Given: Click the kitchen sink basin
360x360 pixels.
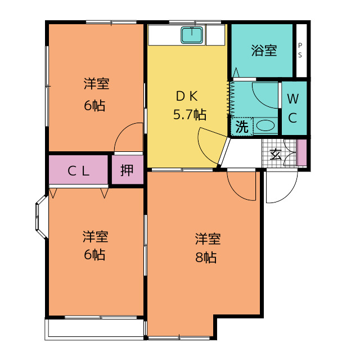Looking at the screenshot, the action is [192, 35].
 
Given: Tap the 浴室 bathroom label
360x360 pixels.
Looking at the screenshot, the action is [264, 51].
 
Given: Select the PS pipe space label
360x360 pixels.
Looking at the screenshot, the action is [300, 50].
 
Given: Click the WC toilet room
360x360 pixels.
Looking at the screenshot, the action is [294, 108].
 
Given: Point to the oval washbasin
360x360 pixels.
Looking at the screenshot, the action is [265, 125].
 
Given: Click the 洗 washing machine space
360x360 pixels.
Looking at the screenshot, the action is [242, 127].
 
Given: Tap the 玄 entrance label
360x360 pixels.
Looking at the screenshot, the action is [275, 155].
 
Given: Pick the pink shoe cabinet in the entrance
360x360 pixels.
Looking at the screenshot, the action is [301, 152].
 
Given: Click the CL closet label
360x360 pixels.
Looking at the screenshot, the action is [78, 171].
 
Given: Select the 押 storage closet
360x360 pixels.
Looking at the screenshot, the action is [128, 169].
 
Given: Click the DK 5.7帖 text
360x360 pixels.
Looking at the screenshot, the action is [190, 106].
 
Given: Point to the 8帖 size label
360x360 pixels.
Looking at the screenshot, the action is [206, 257].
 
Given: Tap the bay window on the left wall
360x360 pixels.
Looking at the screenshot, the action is [42, 217].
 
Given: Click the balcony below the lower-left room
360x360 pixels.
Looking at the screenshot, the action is [94, 328].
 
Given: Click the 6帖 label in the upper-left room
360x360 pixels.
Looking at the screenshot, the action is [94, 106].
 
